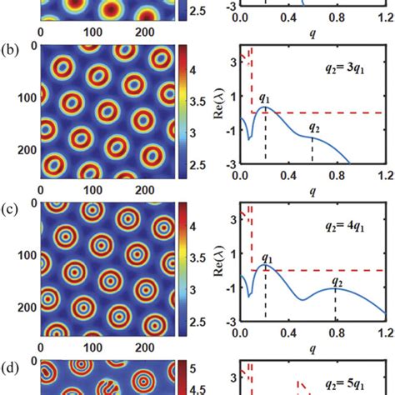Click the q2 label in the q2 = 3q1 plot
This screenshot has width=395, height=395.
(313, 127)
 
